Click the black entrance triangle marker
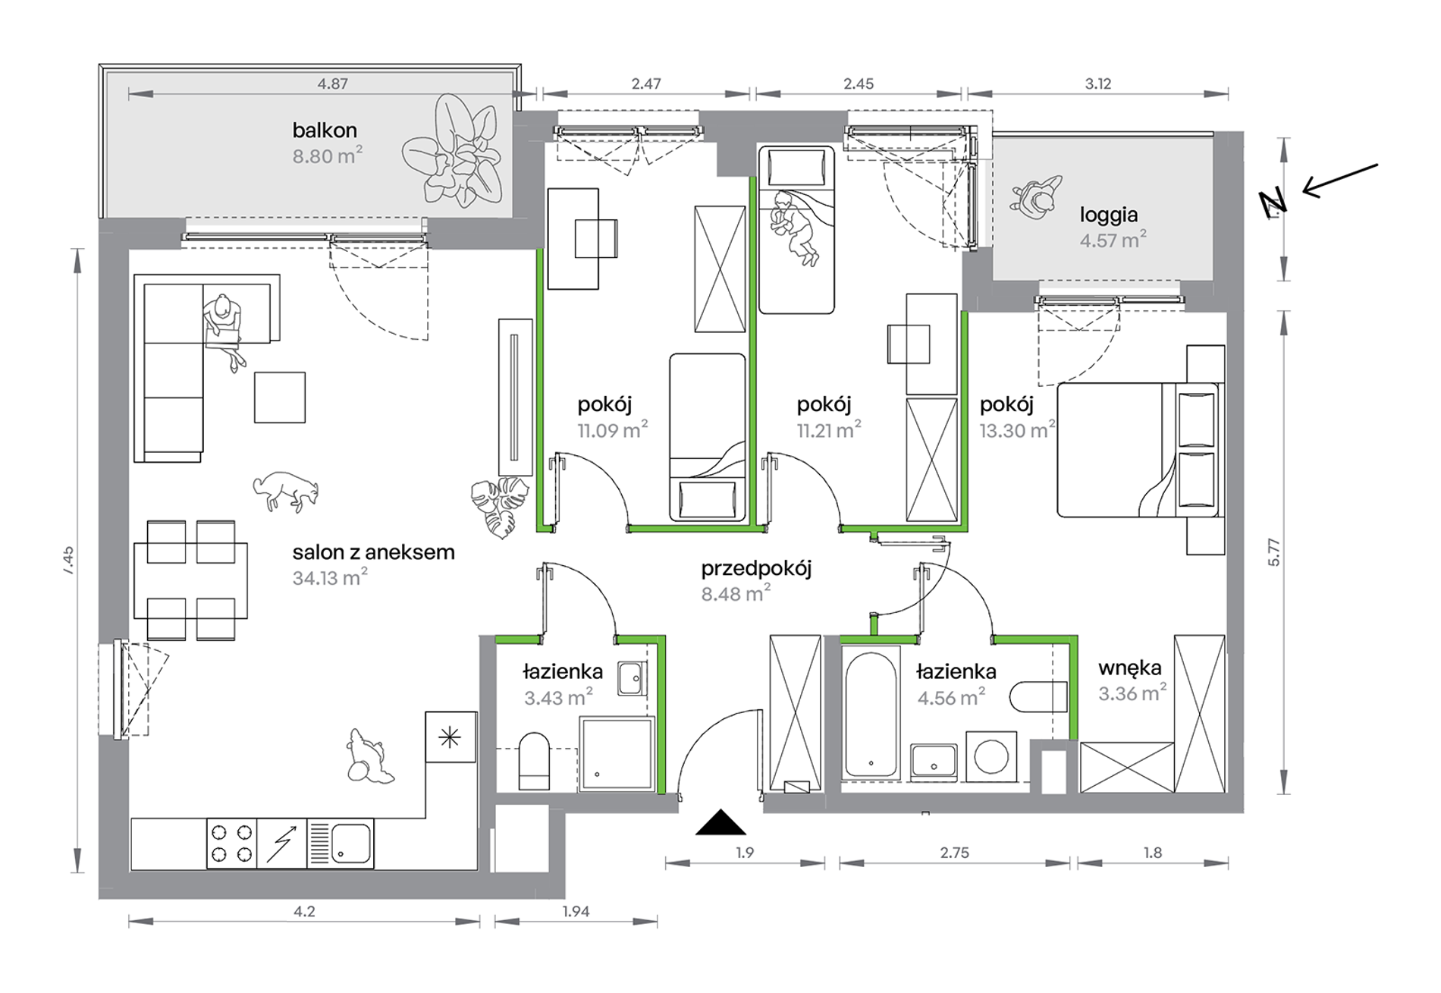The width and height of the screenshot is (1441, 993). [720, 823]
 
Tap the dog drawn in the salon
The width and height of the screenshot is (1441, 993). [286, 491]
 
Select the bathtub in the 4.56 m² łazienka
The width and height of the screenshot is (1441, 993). [871, 714]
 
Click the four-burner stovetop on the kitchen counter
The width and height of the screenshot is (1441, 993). [231, 844]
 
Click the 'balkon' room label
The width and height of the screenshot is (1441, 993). [325, 130]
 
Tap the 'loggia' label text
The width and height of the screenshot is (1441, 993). [1109, 215]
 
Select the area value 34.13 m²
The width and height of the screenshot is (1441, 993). [330, 578]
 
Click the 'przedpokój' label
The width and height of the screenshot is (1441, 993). [756, 569]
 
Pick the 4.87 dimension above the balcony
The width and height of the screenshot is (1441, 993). [332, 84]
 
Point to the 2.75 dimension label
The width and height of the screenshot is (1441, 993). [954, 853]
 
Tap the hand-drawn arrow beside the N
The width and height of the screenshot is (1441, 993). [1340, 181]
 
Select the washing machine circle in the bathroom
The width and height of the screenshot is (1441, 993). [990, 756]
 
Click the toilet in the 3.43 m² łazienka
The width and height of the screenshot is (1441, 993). [534, 761]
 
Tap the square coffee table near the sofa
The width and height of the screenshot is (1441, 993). [280, 398]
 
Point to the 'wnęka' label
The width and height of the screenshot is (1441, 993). [1130, 668]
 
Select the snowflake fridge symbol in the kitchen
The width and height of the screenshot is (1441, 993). [451, 737]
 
